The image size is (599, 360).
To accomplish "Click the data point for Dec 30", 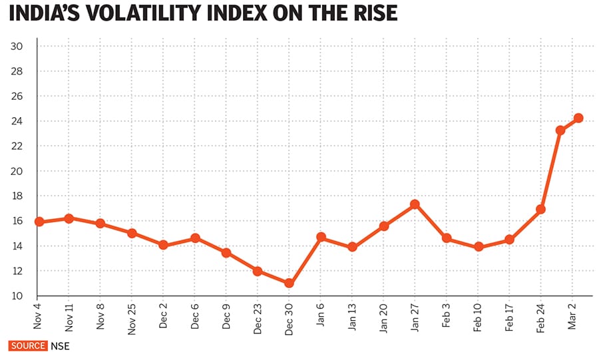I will point(289,283).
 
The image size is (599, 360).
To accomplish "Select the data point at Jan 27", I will point(415,204).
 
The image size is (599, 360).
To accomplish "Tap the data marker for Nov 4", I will point(39,222).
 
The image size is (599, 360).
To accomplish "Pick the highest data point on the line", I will point(578,118).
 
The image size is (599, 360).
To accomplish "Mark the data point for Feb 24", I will point(540,210).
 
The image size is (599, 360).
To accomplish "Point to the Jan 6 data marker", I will point(320,237).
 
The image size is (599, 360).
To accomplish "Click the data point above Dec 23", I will point(258,271).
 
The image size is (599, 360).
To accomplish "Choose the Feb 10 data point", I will point(478,247).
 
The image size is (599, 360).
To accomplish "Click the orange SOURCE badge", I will point(27,346).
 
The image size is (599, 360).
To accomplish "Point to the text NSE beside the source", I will point(60,346).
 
